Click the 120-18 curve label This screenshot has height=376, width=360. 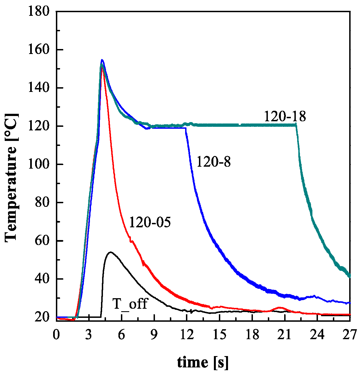click(x=285, y=117)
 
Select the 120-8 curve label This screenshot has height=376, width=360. click(x=213, y=162)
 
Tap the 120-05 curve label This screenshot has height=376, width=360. click(x=150, y=222)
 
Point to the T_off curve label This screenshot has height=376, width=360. click(x=130, y=304)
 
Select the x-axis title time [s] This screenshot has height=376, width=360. click(x=203, y=362)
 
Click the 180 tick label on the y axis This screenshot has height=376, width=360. click(x=39, y=12)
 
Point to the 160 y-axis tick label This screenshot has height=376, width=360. click(x=39, y=50)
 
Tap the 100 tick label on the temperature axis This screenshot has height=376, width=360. click(x=39, y=164)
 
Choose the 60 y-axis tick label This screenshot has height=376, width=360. click(x=42, y=241)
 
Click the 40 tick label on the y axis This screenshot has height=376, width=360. click(x=42, y=279)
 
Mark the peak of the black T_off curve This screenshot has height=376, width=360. click(x=111, y=252)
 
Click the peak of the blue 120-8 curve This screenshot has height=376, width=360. click(x=102, y=60)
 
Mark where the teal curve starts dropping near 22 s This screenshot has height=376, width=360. click(x=296, y=125)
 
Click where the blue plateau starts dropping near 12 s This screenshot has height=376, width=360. click(x=186, y=128)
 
